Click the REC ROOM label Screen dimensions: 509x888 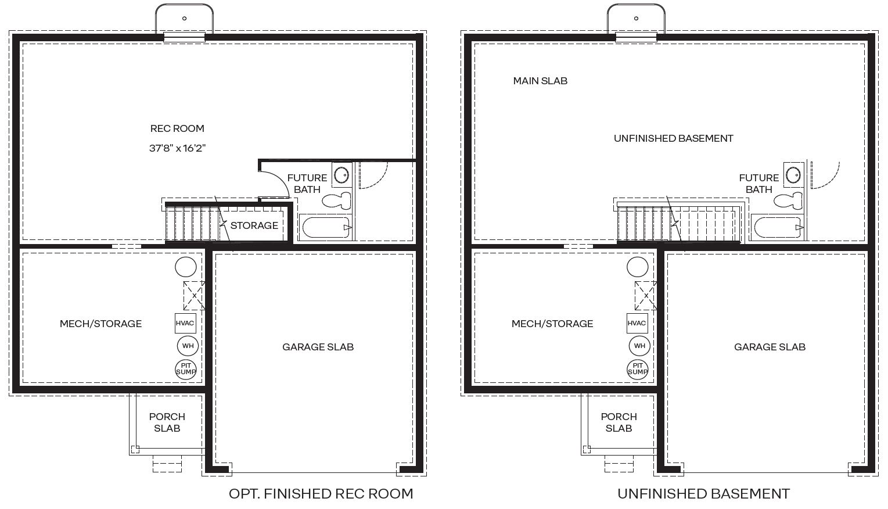point(177,128)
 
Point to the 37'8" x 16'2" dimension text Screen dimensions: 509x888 point(177,148)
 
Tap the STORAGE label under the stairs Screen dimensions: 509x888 point(254,225)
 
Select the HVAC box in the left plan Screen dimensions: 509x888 point(185,323)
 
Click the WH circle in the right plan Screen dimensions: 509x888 point(639,346)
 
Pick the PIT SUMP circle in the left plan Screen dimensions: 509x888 point(186,369)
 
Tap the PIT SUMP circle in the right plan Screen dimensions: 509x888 point(638,369)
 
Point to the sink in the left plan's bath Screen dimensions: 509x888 point(341,174)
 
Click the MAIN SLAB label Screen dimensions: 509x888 point(540,81)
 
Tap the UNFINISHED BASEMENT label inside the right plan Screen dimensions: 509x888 point(673,138)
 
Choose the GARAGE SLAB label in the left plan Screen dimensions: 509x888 point(318,347)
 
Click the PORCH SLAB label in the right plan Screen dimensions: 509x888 point(619,422)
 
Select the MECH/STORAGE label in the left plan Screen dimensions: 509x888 point(100,324)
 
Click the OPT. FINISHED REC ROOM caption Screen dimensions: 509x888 point(321,494)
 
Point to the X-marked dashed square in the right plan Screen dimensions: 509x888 point(645,295)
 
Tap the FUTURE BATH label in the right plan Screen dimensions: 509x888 point(758,184)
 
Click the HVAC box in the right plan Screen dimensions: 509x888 point(637,323)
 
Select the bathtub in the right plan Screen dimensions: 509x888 point(777,227)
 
